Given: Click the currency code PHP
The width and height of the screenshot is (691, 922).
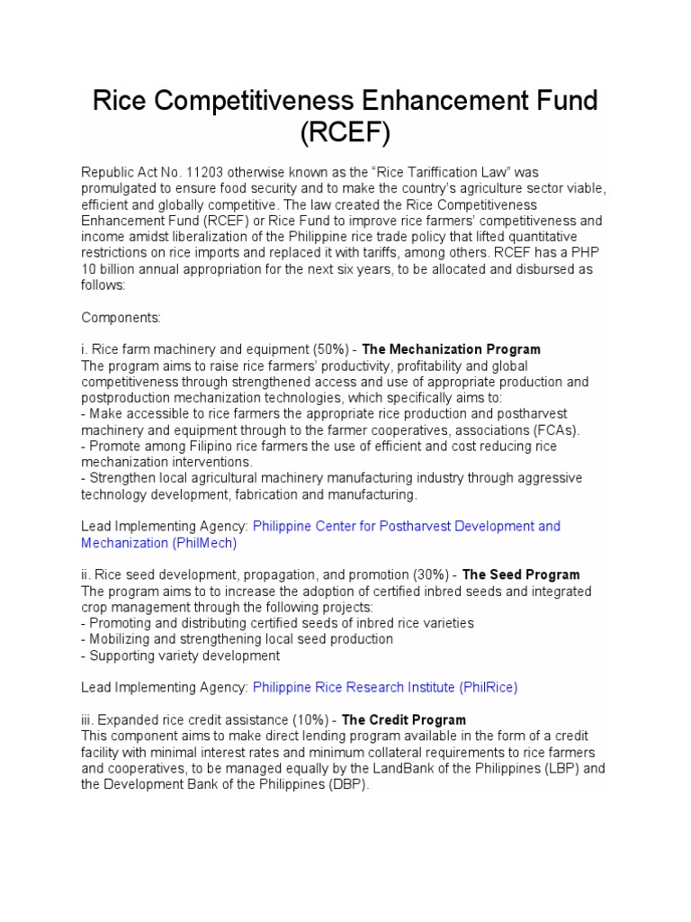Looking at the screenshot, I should [x=581, y=253].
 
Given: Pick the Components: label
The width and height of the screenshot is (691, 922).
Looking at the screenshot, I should [x=120, y=318].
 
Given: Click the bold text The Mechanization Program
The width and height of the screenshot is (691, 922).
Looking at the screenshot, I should [x=451, y=349].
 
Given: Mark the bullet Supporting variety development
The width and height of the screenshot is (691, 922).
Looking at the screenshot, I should [x=181, y=655].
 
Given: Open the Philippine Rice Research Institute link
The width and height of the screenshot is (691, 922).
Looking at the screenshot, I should [x=354, y=687].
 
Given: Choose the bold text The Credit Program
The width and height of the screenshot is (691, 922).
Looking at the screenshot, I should [x=404, y=719].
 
